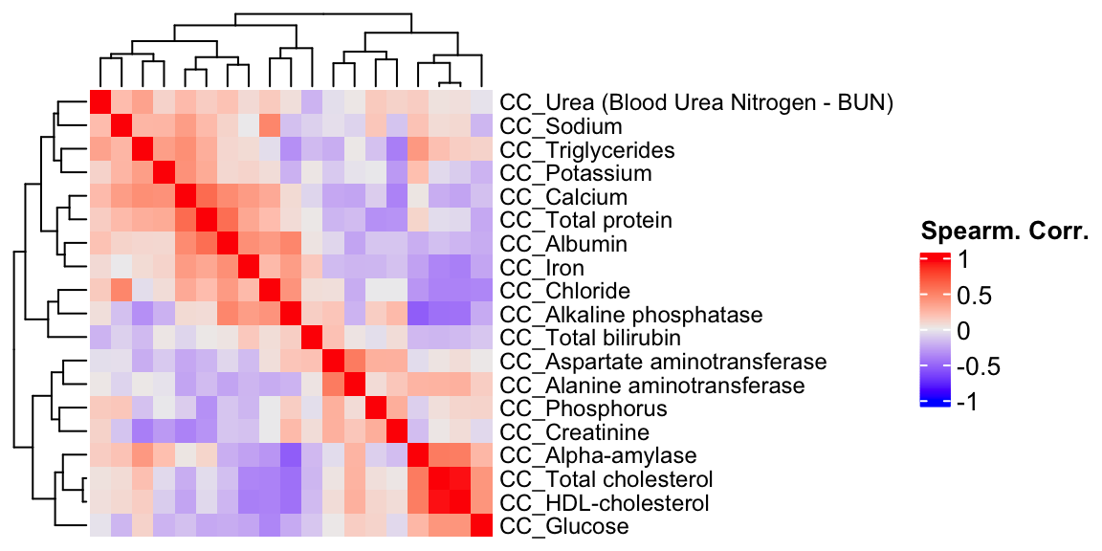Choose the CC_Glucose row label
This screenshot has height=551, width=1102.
564,526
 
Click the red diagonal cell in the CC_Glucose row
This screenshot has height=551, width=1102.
481,526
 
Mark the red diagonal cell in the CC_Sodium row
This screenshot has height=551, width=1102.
121,126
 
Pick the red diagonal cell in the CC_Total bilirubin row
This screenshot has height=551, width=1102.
312,338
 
